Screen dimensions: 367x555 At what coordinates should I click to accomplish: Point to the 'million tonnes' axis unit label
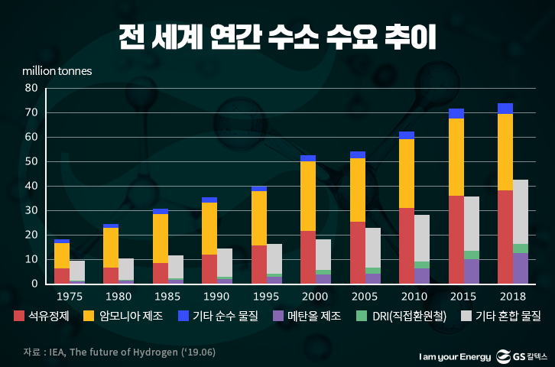tap(57, 71)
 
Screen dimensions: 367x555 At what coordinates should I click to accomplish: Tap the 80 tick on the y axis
tap(32, 88)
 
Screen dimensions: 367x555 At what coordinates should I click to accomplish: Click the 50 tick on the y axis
tap(32, 161)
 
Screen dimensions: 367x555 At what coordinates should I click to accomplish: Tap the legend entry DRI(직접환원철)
tap(396, 314)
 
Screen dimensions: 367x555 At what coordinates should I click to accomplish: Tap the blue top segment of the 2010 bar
tap(407, 135)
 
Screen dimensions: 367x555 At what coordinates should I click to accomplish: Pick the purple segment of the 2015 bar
tap(472, 271)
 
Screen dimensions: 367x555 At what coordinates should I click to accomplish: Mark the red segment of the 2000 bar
tap(308, 257)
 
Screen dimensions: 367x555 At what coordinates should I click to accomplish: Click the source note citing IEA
tap(99, 352)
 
